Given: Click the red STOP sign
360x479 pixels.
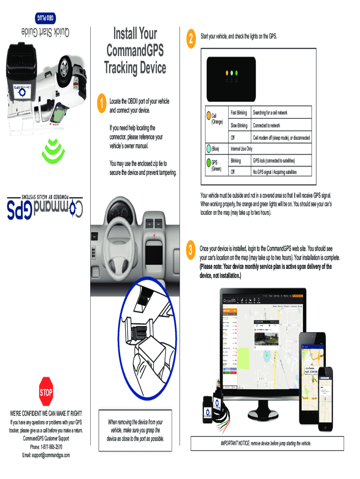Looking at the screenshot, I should coord(46,392).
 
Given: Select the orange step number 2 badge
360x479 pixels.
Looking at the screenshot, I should coord(190,39).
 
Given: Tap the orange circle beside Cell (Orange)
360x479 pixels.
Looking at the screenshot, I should coord(208,115).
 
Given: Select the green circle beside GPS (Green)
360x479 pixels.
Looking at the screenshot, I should coord(208,163).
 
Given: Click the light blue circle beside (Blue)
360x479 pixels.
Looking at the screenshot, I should coord(208,149).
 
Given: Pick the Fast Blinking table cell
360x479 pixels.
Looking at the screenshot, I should coord(238,113).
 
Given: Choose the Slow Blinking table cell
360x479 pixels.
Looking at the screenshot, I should coord(238,126).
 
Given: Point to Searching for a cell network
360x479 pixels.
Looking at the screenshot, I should coord(270,113).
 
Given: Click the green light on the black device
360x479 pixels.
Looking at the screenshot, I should coord(237,73).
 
